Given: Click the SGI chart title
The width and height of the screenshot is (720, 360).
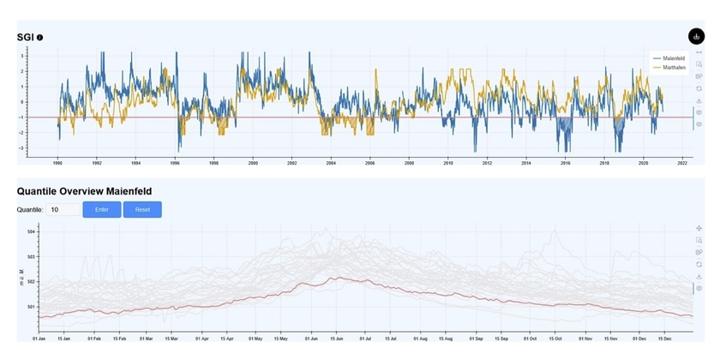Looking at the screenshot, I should coord(26,37).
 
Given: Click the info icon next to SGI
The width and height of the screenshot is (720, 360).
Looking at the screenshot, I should coord(40,37).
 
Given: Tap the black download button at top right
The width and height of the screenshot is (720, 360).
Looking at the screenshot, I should coord(696,36).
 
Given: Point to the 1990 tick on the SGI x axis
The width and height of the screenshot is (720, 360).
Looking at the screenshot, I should coord(57,163).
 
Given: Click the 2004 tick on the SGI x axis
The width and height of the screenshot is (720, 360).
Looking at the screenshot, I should coord(331,163).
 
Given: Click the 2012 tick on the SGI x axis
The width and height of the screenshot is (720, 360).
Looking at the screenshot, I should coord(487,163).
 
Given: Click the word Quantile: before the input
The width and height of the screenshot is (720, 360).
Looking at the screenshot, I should coord(30,209).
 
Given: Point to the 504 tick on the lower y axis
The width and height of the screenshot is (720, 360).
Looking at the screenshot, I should coord(31,232).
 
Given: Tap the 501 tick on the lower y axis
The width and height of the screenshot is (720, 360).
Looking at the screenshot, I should coord(31,306).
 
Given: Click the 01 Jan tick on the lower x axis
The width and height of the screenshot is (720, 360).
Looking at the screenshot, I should coord(39,338).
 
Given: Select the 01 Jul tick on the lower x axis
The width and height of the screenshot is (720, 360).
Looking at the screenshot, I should coord(365,338).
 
